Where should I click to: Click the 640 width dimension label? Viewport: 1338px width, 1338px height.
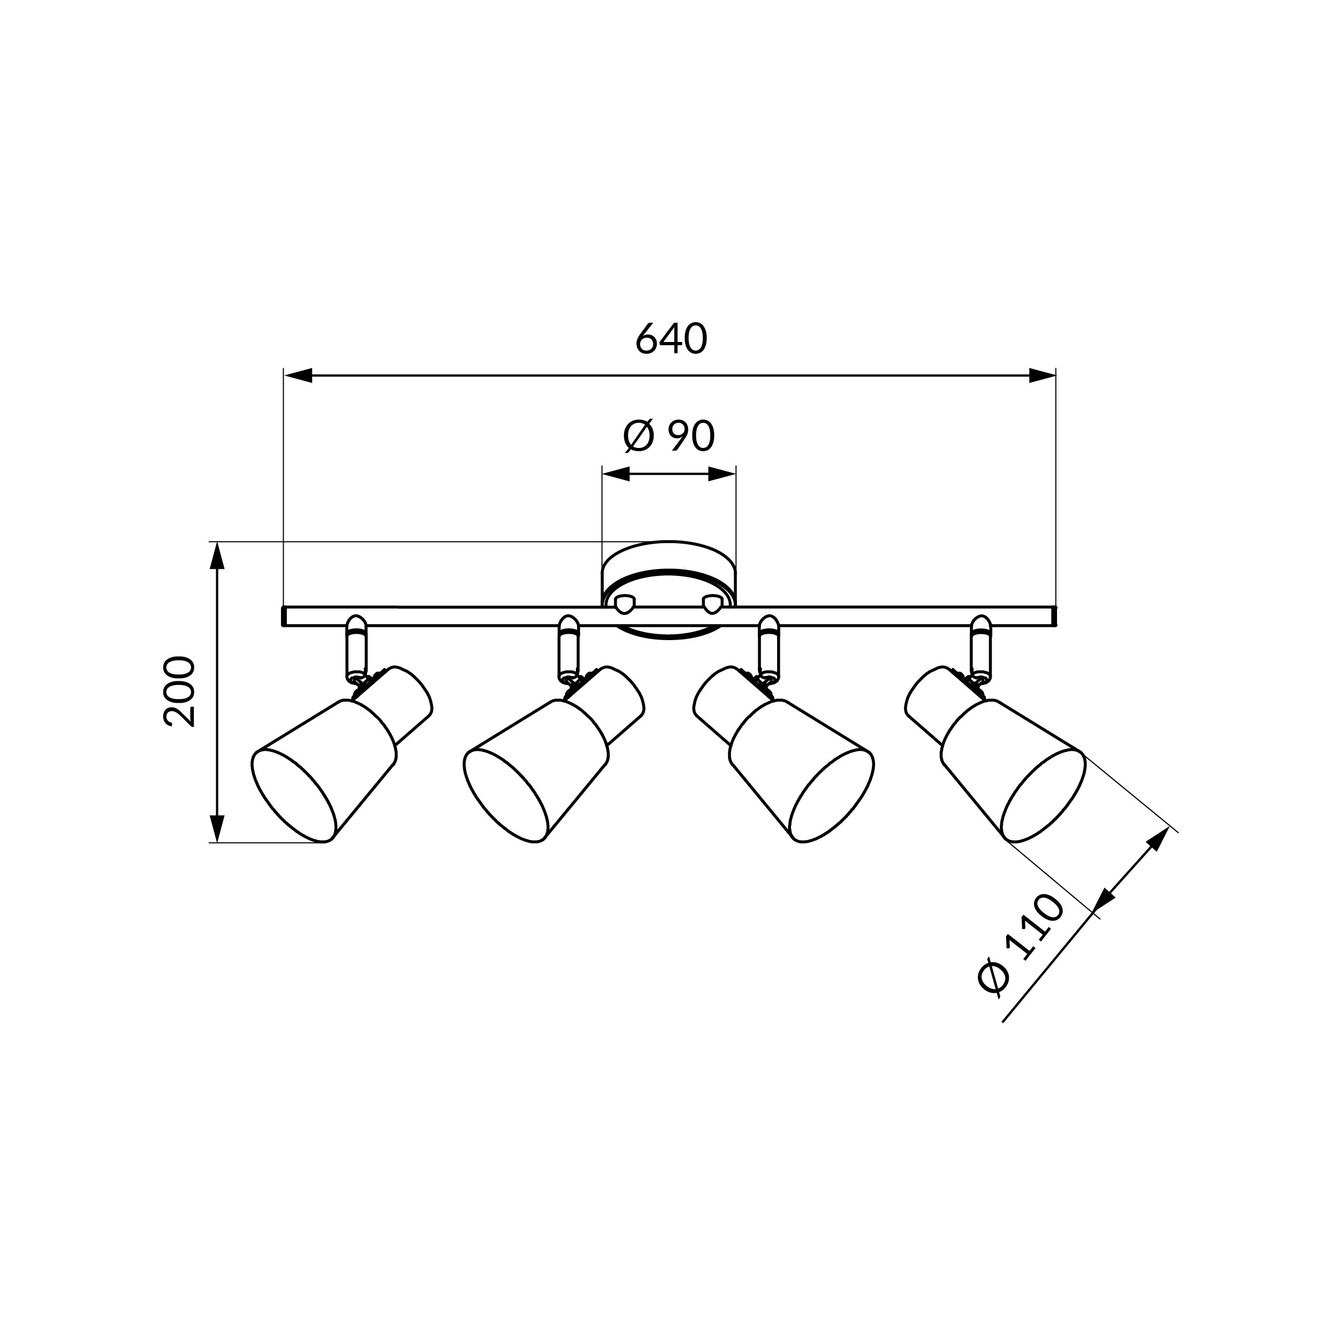(671, 339)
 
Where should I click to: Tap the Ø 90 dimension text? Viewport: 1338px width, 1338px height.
(669, 436)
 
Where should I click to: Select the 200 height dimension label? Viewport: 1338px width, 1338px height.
(179, 691)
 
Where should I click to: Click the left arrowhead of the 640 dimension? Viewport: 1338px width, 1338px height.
(298, 376)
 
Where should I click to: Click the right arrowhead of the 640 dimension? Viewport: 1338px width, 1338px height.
(1042, 376)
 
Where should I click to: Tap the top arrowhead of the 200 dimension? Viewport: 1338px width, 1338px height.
(217, 556)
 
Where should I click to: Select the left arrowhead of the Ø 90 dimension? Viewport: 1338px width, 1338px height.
(615, 474)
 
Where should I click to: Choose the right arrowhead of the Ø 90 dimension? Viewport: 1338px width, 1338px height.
(721, 474)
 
